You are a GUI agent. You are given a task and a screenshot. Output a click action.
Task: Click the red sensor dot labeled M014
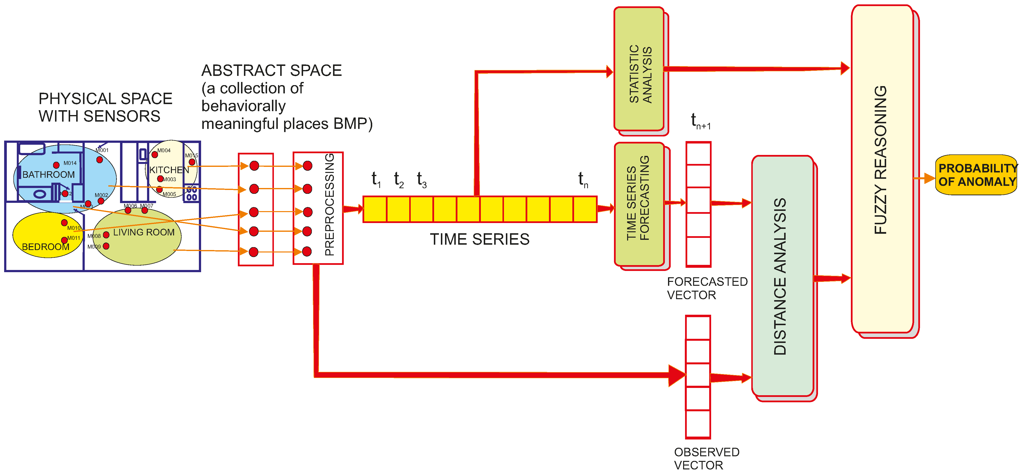click(x=56, y=165)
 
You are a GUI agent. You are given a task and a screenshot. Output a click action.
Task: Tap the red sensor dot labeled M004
click(x=155, y=154)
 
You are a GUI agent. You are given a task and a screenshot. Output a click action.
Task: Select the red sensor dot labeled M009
click(x=106, y=246)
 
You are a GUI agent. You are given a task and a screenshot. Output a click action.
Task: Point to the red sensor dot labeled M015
click(x=192, y=162)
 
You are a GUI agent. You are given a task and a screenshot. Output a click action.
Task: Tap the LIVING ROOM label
click(x=144, y=232)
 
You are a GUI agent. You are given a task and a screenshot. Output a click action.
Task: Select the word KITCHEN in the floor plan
click(x=169, y=170)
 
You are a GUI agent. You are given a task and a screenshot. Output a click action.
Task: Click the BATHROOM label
click(x=48, y=174)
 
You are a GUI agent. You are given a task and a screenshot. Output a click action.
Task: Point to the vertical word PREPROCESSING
click(x=329, y=205)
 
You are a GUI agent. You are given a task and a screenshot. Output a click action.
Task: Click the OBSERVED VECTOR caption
click(x=706, y=458)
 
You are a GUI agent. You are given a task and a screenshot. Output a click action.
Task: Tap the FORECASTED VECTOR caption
click(x=707, y=288)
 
